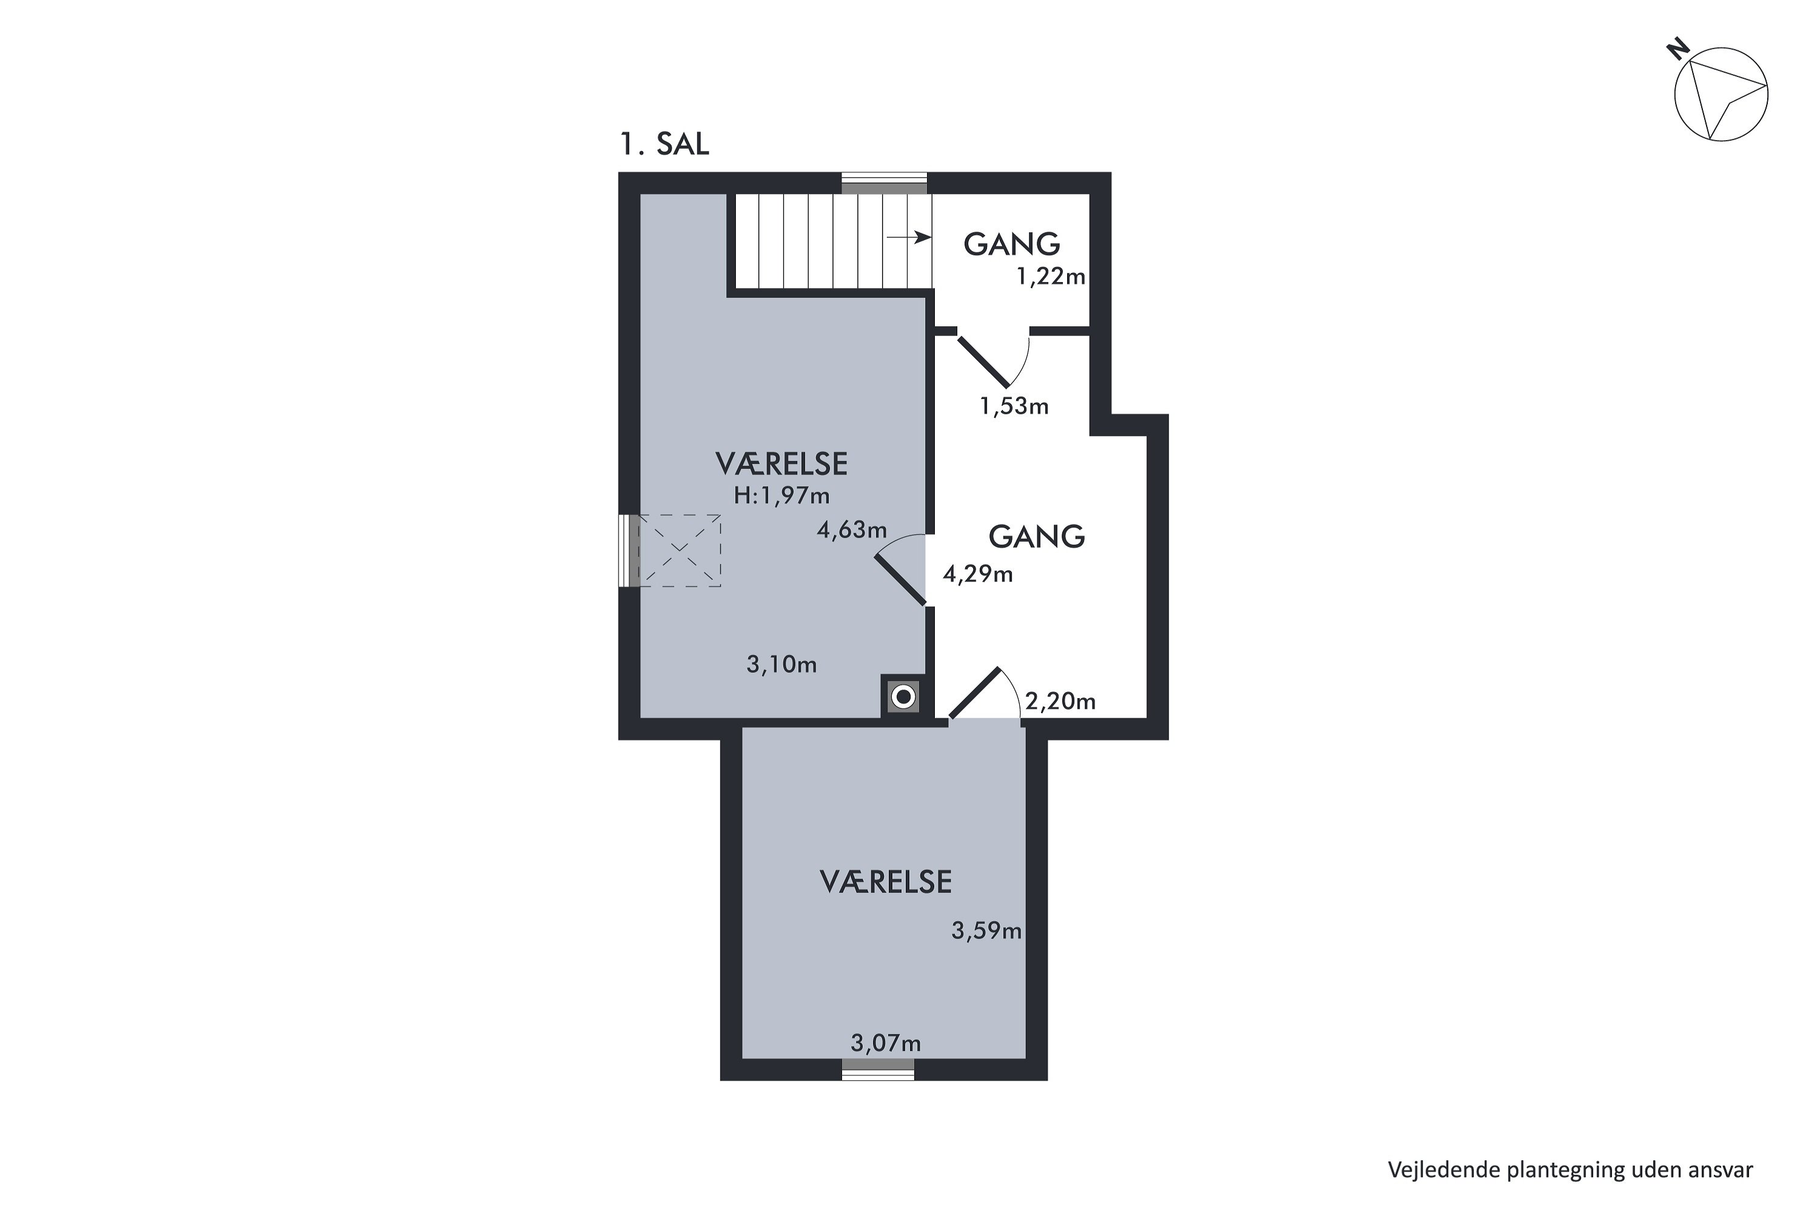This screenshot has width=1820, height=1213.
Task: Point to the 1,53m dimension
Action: click(1014, 406)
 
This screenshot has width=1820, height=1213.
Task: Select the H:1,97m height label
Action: click(781, 496)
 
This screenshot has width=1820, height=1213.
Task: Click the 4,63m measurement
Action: click(852, 530)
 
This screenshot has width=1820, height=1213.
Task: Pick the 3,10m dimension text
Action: click(781, 665)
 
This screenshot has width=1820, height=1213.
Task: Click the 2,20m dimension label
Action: click(1060, 701)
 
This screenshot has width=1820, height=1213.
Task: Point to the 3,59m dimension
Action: click(986, 930)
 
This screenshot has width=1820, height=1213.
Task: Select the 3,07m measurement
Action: click(886, 1044)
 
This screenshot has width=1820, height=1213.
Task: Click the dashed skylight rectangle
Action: click(679, 551)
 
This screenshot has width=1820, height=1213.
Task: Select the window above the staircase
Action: click(885, 183)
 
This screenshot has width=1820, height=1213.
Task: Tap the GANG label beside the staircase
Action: click(1011, 244)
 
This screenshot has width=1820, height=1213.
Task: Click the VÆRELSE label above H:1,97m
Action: click(781, 464)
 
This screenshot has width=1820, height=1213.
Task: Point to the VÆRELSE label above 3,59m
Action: click(886, 882)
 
